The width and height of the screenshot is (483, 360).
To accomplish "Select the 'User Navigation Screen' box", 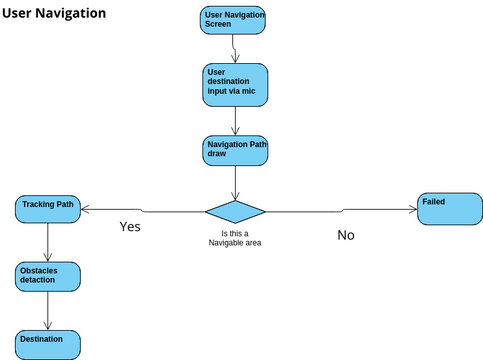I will [233, 21].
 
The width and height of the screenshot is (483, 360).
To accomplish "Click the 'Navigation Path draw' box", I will [234, 151].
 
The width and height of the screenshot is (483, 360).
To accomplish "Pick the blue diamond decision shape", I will [235, 211].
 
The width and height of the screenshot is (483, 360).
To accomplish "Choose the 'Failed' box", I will [448, 210].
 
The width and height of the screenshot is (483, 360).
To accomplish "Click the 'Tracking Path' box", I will [48, 210].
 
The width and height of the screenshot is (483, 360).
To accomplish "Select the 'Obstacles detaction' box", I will [48, 276].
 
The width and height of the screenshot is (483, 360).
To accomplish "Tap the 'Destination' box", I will [47, 343].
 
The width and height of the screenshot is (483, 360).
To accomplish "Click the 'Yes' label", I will [130, 227].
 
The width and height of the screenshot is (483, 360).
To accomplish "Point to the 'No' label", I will [345, 235].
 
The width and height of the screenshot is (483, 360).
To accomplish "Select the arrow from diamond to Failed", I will [340, 210].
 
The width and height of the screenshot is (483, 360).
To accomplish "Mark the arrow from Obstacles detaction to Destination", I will [48, 310].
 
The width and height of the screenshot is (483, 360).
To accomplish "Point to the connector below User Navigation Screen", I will [233, 49].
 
